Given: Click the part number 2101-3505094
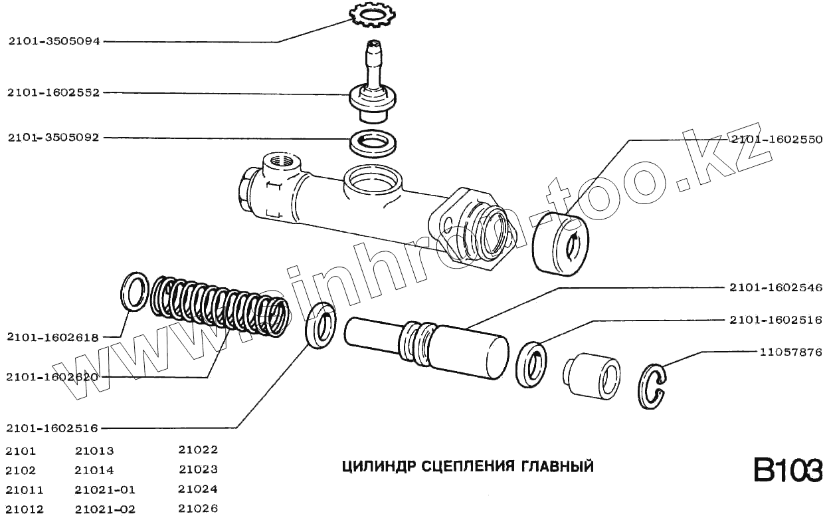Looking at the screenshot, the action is (x=54, y=41).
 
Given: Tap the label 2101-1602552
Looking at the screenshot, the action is (x=54, y=92).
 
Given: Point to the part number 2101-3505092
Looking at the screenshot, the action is (x=54, y=138).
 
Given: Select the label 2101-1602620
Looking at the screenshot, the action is (x=52, y=377).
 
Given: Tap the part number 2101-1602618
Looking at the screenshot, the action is (x=52, y=337).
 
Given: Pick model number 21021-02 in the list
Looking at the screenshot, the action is (x=106, y=509).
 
